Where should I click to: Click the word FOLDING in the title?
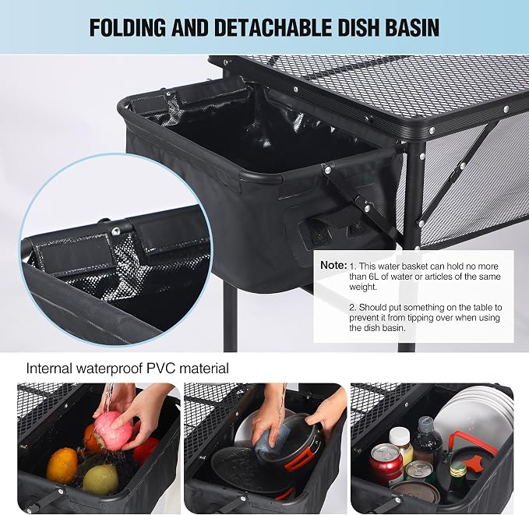128,27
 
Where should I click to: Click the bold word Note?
333,265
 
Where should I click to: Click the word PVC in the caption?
161,369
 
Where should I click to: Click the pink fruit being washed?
113,429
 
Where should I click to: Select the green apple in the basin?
101,480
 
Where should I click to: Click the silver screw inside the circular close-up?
116,231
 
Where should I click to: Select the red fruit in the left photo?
146,450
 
